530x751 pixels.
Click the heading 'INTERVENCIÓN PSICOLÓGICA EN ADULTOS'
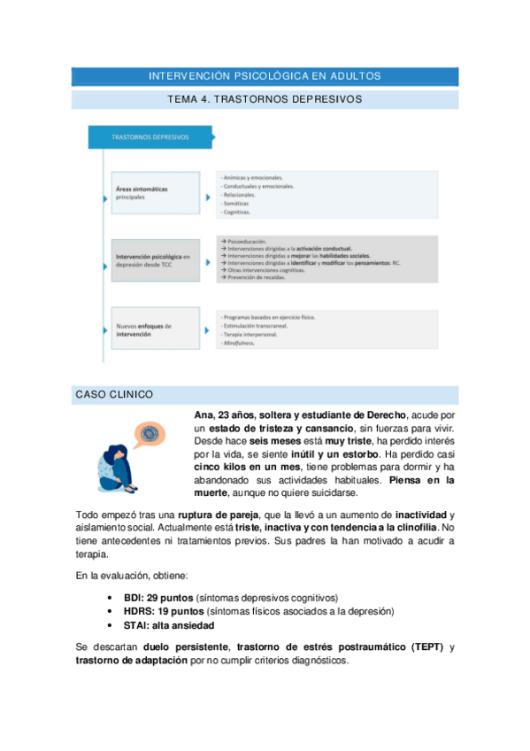[x=265, y=76]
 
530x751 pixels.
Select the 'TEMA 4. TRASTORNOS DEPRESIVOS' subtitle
[x=265, y=99]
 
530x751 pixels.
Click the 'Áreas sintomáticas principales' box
[x=155, y=193]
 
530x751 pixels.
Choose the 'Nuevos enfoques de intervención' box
[x=155, y=330]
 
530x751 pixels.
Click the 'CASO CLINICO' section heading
[x=114, y=394]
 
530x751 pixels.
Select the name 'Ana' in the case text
[x=203, y=414]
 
